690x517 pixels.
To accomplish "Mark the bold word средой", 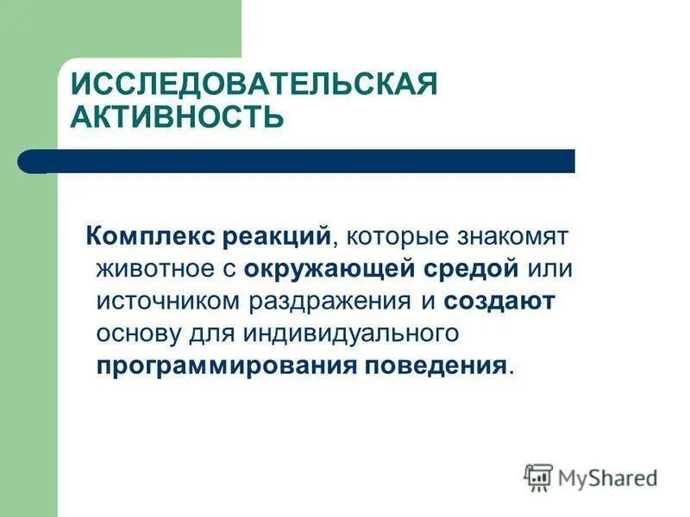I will (473, 268).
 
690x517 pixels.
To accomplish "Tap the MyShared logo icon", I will (538, 477).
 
